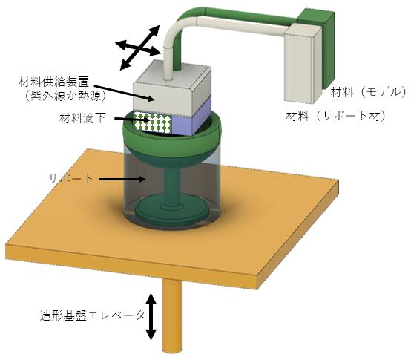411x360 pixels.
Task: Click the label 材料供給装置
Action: click(53, 82)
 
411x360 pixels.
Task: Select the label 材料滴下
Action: click(83, 119)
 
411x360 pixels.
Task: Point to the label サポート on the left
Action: click(70, 179)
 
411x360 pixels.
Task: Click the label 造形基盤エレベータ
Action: click(92, 315)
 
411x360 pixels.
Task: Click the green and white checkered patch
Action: click(153, 121)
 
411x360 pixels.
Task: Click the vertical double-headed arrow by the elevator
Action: click(151, 316)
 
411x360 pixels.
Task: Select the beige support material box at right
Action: click(303, 63)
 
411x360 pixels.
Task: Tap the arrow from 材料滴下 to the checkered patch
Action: click(132, 120)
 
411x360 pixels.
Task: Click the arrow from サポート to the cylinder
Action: click(122, 180)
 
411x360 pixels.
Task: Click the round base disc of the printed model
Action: click(171, 210)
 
